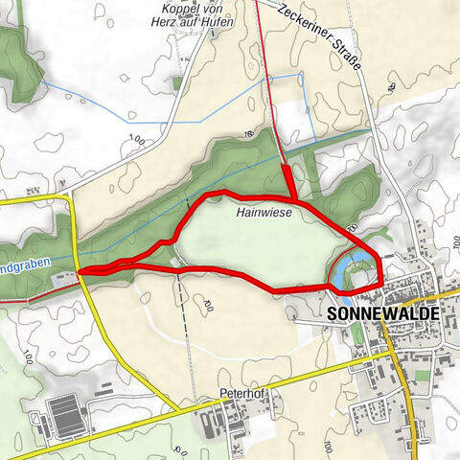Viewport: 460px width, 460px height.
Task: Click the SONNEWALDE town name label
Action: [x=383, y=313]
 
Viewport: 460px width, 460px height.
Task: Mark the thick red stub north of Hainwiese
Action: [x=287, y=180]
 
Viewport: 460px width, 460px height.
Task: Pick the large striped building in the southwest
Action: [x=68, y=413]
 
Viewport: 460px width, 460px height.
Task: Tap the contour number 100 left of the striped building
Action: [x=28, y=357]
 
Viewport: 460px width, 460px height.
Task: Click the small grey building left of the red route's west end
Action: [x=64, y=279]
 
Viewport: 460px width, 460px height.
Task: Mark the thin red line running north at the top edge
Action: [x=260, y=19]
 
